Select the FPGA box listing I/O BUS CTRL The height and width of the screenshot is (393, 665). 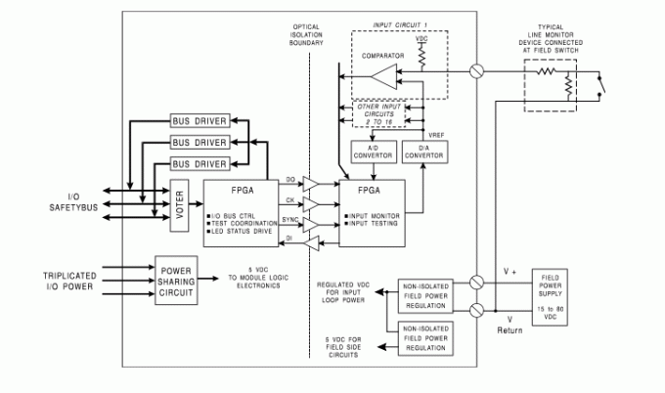click(x=236, y=207)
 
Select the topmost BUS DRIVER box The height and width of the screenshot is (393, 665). click(x=199, y=120)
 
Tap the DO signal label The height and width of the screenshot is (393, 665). click(x=290, y=180)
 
